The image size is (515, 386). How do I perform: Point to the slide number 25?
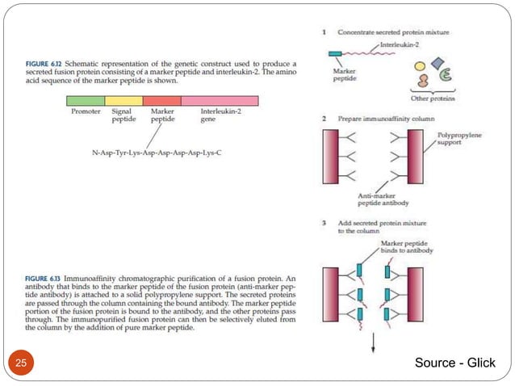(x=20, y=363)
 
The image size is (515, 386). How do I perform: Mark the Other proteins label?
(x=432, y=99)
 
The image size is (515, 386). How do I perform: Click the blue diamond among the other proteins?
(x=438, y=64)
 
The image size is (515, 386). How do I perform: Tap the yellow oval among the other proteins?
(x=420, y=66)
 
